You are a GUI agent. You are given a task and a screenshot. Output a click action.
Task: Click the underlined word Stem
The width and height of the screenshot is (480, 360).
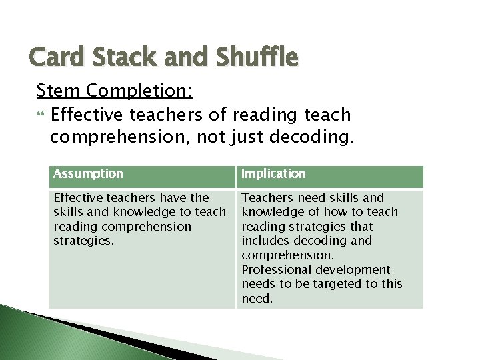pos(60,90)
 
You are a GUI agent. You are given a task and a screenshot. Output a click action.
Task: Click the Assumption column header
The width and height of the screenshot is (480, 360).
pos(88,174)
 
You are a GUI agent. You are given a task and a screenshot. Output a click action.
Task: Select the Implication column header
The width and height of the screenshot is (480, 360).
pos(273,174)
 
